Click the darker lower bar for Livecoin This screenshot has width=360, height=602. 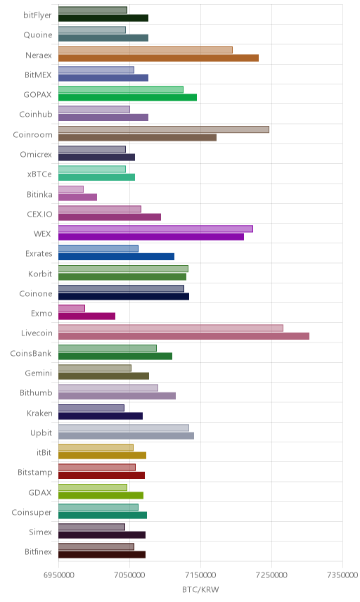click(x=184, y=336)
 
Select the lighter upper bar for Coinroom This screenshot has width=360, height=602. click(x=164, y=129)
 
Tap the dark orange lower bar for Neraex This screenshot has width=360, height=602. click(x=158, y=58)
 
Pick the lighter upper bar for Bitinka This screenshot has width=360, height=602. click(x=71, y=189)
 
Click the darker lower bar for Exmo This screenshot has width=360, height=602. click(x=86, y=316)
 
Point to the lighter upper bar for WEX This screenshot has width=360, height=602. click(x=156, y=229)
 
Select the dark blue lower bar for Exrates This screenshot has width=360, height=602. click(x=116, y=257)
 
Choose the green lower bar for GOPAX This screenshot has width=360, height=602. click(x=128, y=98)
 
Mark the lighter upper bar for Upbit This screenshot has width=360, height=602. click(x=124, y=428)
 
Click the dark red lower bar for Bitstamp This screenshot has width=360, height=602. click(x=102, y=475)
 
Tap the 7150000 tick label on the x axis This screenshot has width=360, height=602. click(x=200, y=575)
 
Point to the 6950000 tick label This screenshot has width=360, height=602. click(x=59, y=575)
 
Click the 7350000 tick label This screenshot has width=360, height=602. click(x=342, y=575)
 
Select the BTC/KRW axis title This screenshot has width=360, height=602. click(x=200, y=590)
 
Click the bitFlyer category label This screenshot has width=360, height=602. click(x=37, y=15)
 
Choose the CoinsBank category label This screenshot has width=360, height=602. click(x=31, y=353)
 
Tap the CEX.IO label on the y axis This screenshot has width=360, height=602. click(x=39, y=214)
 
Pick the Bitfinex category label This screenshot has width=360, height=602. click(x=38, y=551)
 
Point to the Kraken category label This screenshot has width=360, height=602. click(x=39, y=413)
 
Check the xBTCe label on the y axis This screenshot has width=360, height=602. click(x=39, y=174)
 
